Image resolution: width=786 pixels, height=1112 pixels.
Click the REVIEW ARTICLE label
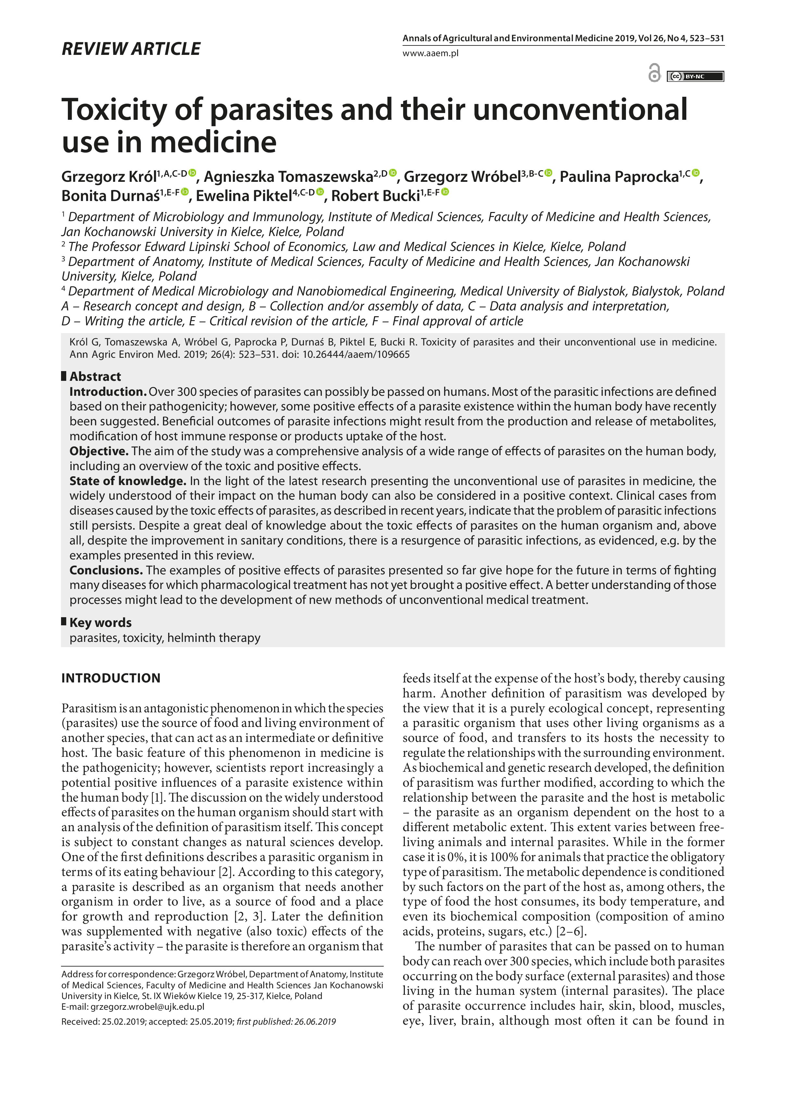[131, 49]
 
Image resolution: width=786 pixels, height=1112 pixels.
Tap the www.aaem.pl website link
[430, 53]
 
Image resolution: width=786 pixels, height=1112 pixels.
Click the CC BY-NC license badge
[695, 76]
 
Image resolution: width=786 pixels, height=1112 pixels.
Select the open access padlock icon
[654, 74]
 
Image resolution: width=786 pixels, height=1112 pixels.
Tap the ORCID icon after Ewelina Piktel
[320, 192]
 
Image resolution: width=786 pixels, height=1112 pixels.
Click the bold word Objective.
[99, 451]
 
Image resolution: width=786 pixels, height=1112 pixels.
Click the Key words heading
[100, 622]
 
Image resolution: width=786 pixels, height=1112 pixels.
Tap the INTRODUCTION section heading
[111, 678]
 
